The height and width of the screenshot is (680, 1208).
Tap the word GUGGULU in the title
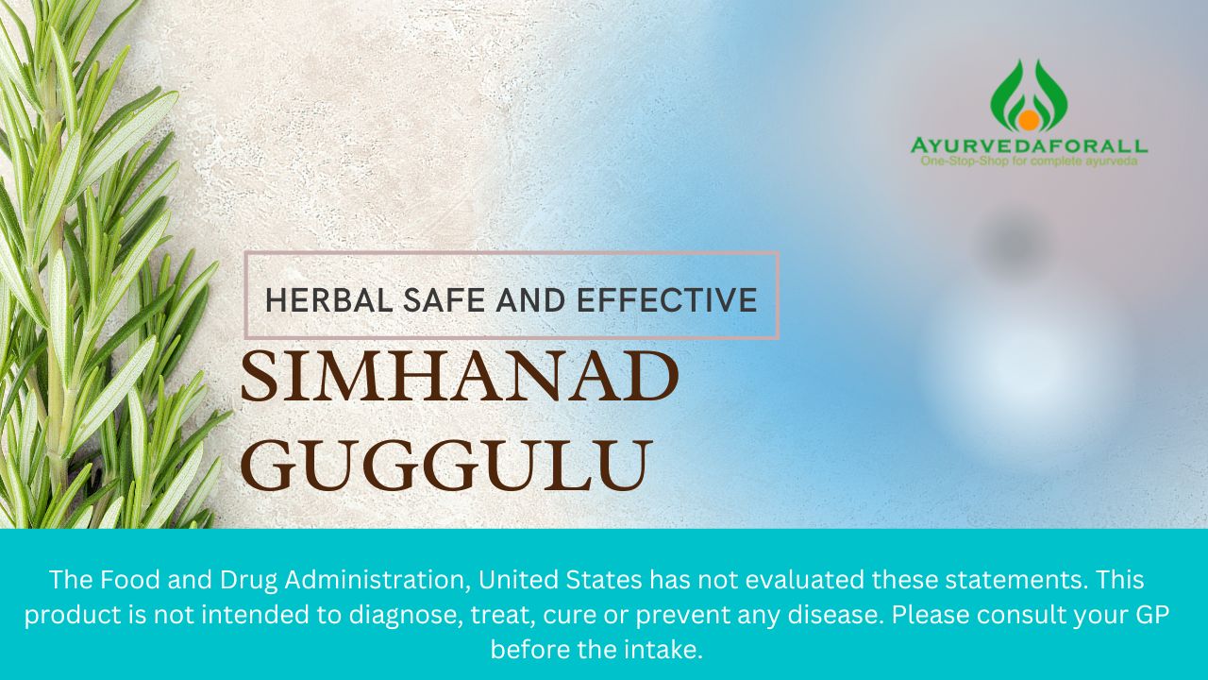[x=446, y=465]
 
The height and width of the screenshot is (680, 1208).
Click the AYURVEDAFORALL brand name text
[x=1029, y=146]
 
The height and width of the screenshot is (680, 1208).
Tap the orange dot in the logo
[x=1026, y=120]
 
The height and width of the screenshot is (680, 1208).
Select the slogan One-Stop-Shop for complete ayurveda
[x=1029, y=161]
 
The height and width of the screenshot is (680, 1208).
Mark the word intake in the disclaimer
[x=666, y=650]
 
